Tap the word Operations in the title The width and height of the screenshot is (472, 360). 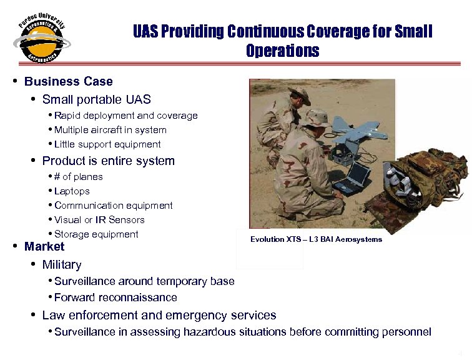(282, 51)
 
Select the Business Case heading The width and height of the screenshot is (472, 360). (69, 81)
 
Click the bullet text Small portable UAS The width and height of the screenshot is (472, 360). (96, 99)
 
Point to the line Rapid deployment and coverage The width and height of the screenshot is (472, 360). (125, 116)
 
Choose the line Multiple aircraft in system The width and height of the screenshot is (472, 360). (111, 130)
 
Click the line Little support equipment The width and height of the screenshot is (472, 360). (107, 144)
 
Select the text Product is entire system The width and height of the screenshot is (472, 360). (108, 161)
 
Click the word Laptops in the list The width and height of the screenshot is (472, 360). (72, 191)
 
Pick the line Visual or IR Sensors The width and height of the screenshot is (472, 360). (99, 220)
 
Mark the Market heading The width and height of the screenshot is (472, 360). (44, 247)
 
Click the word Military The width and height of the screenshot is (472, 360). (62, 264)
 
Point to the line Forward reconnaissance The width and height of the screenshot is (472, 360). (116, 297)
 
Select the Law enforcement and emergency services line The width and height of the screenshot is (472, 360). (159, 316)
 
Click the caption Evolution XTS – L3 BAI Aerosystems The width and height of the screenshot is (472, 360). (316, 240)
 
